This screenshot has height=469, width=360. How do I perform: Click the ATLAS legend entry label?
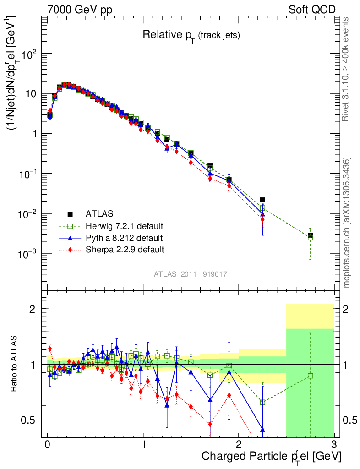click(99, 213)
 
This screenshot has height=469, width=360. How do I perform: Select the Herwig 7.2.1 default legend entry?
click(125, 226)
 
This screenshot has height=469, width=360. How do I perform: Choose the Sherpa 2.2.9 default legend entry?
click(125, 250)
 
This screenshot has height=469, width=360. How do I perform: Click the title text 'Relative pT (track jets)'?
click(191, 35)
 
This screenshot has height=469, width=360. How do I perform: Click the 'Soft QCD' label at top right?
click(312, 10)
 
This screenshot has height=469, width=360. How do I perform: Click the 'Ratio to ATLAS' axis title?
click(15, 364)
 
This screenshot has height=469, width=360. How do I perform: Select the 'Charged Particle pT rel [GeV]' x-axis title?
click(271, 457)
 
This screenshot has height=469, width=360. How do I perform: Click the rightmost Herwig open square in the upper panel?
click(310, 238)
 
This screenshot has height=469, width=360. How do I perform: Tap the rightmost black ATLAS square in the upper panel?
click(310, 235)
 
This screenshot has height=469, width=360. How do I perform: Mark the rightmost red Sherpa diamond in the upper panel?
click(262, 220)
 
